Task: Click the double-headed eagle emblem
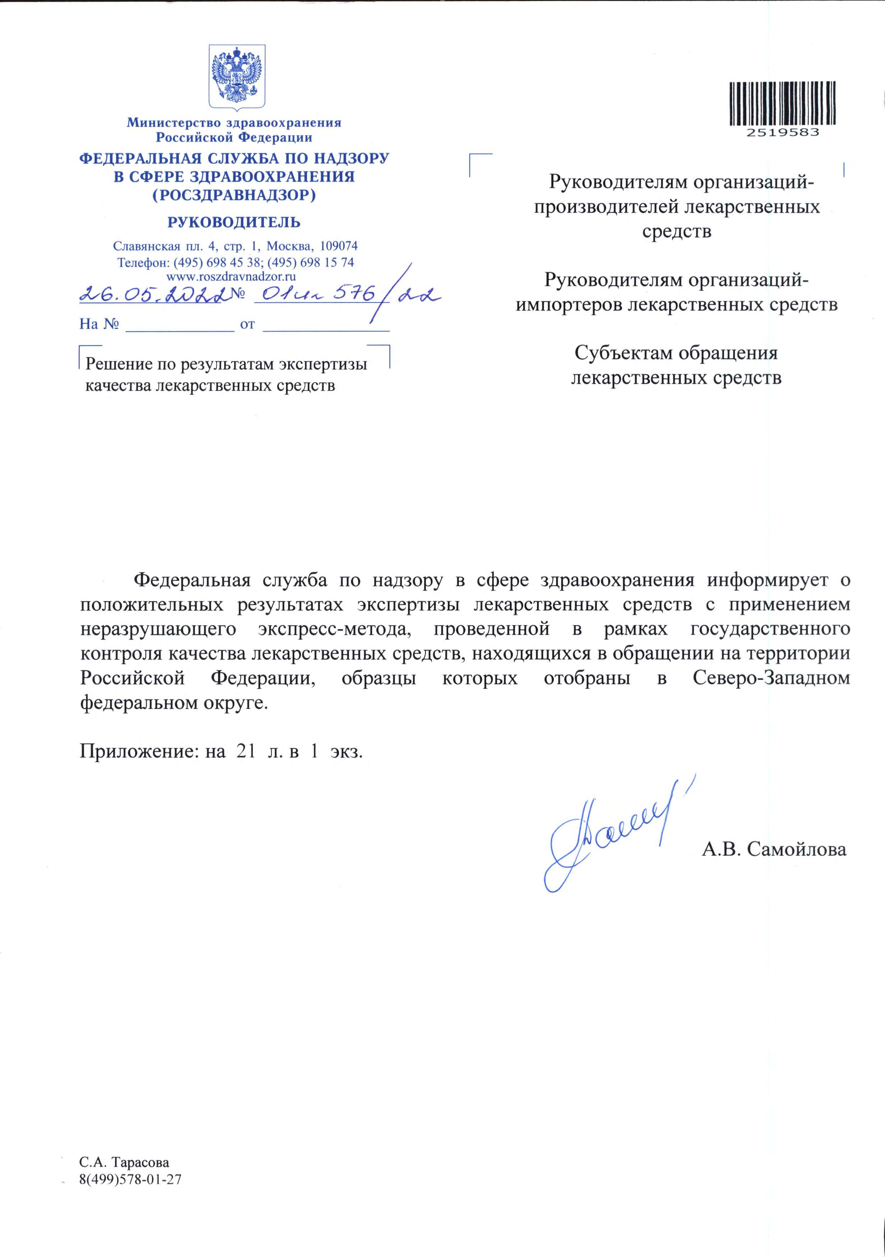point(237,75)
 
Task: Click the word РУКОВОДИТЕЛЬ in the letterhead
point(234,222)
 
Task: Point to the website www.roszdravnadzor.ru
point(231,276)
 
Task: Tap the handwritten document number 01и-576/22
point(351,295)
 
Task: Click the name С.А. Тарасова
point(124,1162)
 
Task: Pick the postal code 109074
point(338,246)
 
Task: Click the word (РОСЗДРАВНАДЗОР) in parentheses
point(234,195)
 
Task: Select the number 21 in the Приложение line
point(246,751)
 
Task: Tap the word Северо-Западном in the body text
point(771,678)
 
